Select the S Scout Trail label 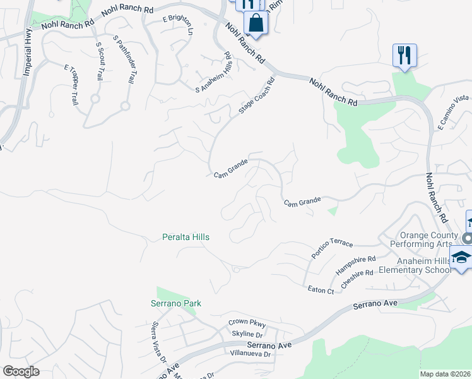coord(99,61)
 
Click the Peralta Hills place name coord(185,237)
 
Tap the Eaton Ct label coord(321,290)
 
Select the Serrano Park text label coord(175,304)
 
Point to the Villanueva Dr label coord(251,354)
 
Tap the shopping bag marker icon coord(256,23)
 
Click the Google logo coord(21,371)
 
